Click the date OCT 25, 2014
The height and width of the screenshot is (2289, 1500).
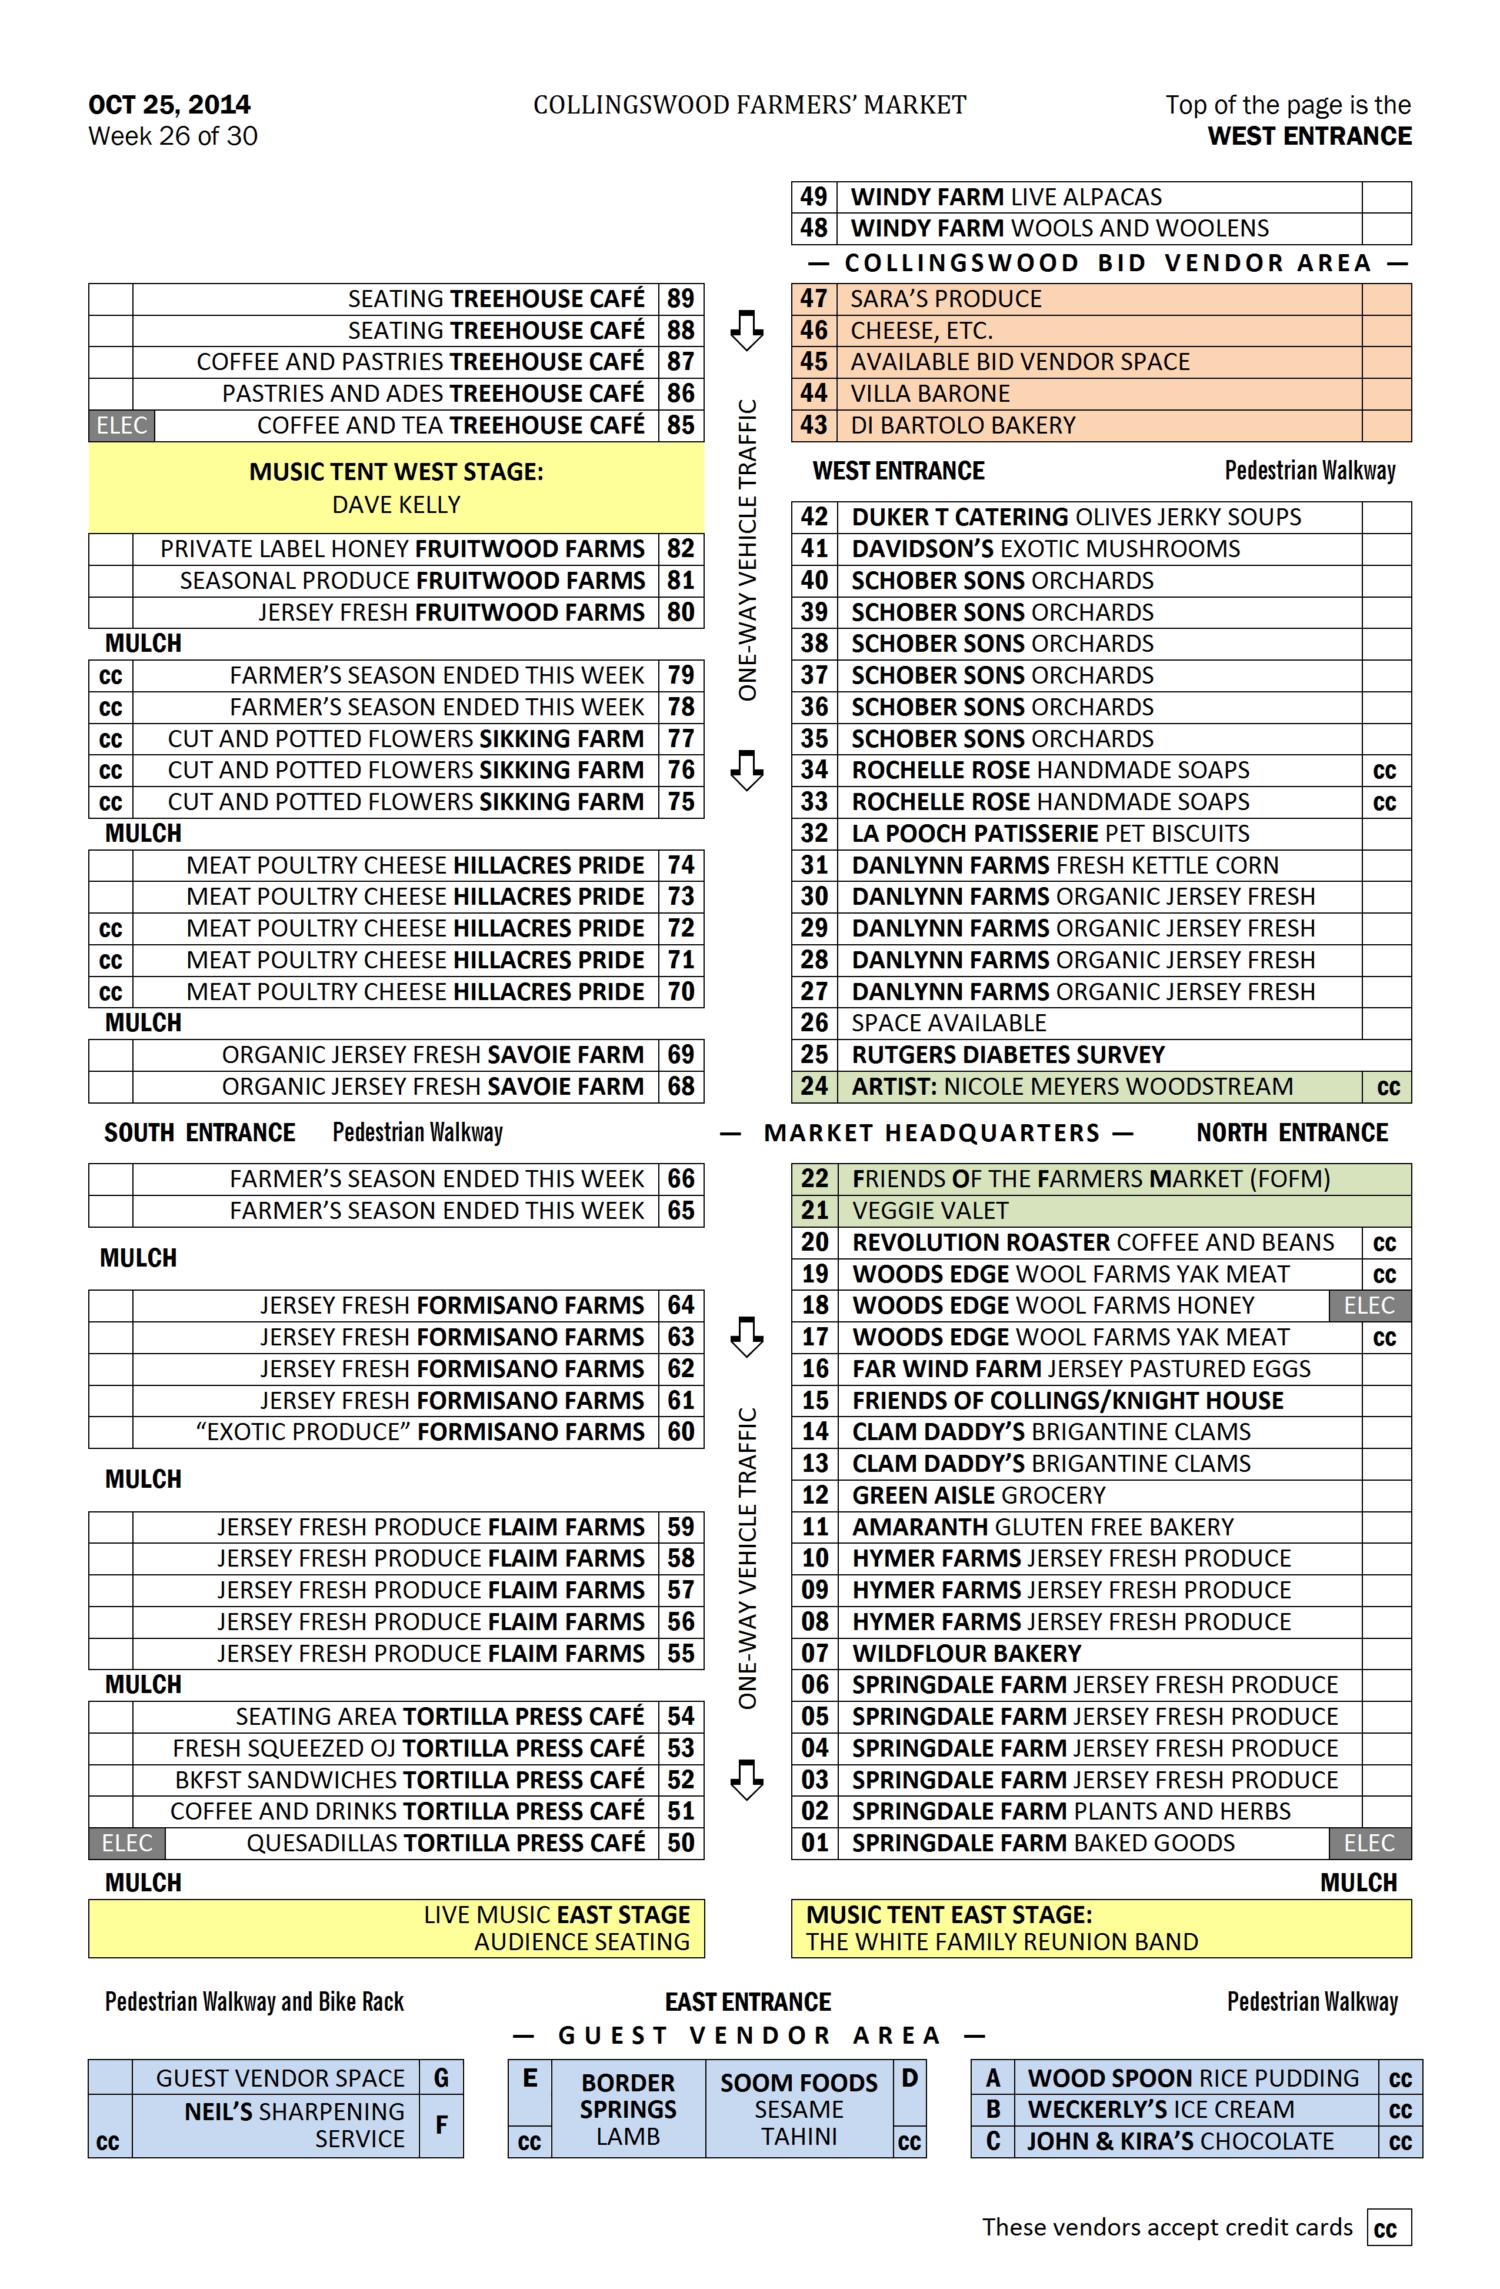coord(169,105)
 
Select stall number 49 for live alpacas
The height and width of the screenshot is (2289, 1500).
coord(814,197)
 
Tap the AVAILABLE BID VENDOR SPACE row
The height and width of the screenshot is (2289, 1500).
coord(1019,362)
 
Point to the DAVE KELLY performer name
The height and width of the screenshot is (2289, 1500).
coord(396,505)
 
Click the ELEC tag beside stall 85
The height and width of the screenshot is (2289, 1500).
coord(121,426)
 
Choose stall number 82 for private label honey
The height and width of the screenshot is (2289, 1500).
coord(681,549)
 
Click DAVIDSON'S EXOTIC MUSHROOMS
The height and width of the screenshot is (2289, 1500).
coord(1045,549)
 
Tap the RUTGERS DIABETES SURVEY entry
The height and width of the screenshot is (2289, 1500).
coord(1008,1055)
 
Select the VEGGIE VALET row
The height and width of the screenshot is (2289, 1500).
coord(930,1211)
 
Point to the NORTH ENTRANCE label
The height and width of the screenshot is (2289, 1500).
coord(1291,1133)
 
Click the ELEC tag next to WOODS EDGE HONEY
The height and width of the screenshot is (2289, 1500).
coord(1369,1306)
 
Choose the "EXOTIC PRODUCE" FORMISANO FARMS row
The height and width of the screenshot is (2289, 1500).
coord(420,1432)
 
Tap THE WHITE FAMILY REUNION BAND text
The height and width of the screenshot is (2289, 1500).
coord(1002,1942)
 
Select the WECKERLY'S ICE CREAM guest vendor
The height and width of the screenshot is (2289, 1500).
coord(1161,2109)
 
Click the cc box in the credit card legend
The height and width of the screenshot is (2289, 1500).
coord(1388,2228)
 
